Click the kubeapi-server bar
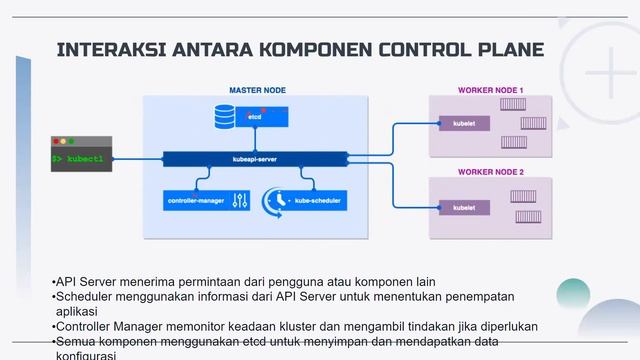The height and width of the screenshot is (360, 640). [255, 158]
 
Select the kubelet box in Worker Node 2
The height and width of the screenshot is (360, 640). [464, 208]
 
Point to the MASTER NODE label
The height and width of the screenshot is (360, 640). [257, 90]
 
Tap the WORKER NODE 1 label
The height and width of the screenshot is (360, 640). [490, 90]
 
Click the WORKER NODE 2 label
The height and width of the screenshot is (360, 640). [490, 171]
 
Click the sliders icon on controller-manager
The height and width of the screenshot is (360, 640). [239, 201]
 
